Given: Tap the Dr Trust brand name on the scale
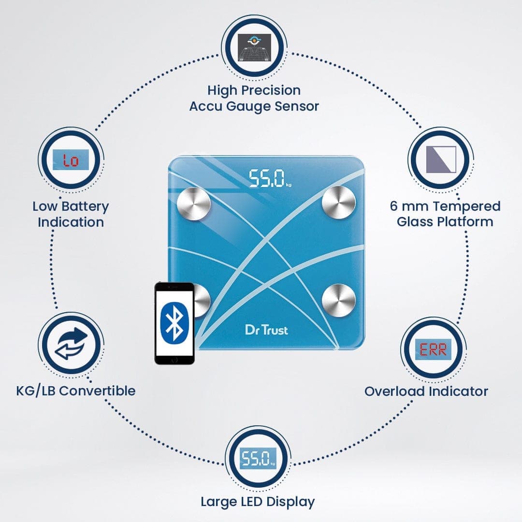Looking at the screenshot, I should pos(266,330).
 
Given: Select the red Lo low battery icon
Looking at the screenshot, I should pos(71,160).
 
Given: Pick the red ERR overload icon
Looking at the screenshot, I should pos(433,349).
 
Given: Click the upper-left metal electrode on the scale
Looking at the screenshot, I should pos(194,204).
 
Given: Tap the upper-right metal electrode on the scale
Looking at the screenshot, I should pos(339,202).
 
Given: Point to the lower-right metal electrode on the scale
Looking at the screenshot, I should pos(338,301).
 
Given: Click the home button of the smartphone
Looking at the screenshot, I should pos(174,360).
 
